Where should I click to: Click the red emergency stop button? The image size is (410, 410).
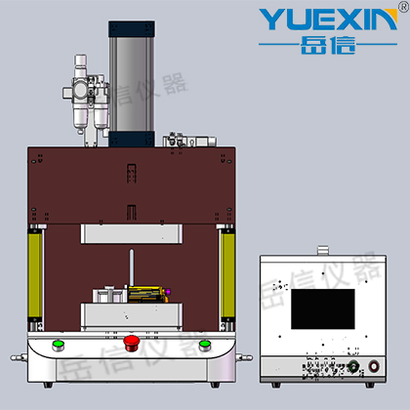coord(132,343)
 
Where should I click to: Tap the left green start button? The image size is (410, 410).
coord(59,346)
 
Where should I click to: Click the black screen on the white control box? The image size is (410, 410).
coord(323,308)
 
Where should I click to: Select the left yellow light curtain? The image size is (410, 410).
coord(35,275)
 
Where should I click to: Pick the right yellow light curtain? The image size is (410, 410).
coord(227,275)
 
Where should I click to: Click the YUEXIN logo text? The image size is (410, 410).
coord(328,20)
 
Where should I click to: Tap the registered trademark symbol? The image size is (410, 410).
coord(403,6)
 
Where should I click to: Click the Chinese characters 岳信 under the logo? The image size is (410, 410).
coord(328,45)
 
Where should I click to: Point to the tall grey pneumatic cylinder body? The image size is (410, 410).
coord(132,84)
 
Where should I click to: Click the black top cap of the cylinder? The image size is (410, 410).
coord(132,29)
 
